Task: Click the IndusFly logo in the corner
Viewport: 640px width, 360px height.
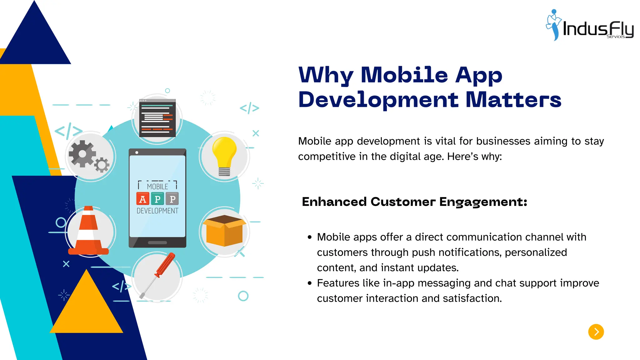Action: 590,26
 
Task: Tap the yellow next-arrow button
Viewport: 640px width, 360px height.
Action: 596,332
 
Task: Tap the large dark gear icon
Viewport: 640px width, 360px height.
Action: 82,154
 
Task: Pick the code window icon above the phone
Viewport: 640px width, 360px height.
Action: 157,118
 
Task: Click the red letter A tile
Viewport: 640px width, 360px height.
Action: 143,199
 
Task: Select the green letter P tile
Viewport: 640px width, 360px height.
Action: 157,199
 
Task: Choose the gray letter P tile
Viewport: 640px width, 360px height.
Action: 172,199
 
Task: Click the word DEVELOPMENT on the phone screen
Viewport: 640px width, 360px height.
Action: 157,211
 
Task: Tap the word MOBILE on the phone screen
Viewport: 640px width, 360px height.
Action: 157,187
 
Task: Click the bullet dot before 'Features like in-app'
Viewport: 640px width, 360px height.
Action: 310,283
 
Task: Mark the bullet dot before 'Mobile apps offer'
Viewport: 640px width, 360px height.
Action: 310,237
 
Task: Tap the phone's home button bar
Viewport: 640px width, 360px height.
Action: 157,242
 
